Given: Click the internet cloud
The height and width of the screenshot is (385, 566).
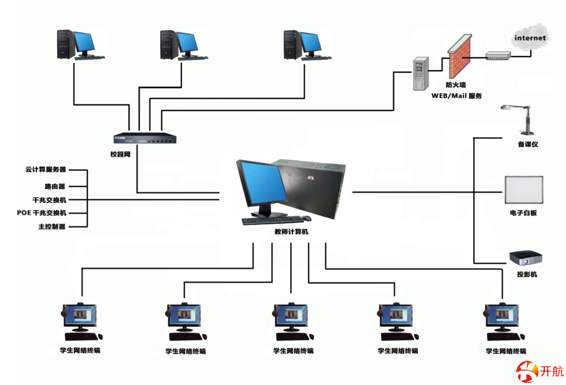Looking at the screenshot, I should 530,38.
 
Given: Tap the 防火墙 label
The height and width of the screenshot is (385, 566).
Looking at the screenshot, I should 455,85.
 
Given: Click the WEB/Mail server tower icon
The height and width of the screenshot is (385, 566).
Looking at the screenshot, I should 421,74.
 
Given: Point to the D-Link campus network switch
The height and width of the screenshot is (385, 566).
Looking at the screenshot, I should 145,139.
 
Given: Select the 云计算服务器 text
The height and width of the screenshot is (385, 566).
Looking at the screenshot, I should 46,169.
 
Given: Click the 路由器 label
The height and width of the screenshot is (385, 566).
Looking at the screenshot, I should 54,187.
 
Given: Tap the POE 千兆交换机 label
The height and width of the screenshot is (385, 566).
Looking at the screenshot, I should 42,213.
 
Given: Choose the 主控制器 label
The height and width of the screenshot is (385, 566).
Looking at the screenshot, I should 52,227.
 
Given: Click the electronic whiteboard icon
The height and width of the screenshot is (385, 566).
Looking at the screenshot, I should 524,190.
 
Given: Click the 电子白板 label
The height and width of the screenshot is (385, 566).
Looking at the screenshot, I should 523,213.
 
